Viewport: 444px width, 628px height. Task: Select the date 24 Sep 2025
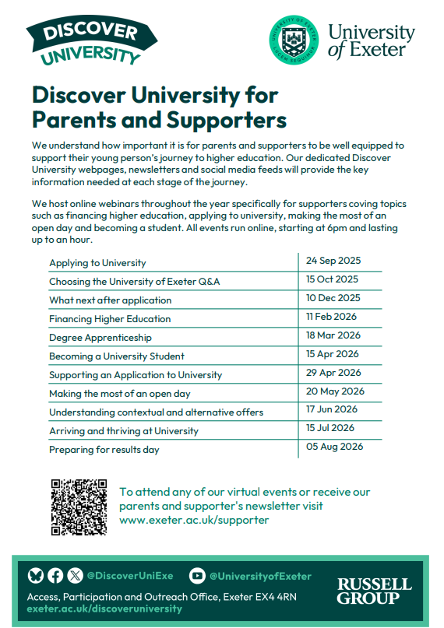(333, 261)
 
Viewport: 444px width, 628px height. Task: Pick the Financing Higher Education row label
(110, 319)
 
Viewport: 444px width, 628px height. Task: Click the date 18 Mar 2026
(333, 335)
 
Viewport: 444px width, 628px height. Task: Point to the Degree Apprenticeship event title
(100, 338)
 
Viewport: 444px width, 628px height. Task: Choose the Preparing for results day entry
(104, 450)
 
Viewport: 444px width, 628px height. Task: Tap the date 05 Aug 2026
(334, 447)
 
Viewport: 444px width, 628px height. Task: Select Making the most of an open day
(119, 394)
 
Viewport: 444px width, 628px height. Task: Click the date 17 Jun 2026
(332, 409)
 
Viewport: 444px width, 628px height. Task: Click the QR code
(79, 507)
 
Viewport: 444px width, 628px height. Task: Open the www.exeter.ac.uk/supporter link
(194, 520)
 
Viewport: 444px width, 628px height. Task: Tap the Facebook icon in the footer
(55, 576)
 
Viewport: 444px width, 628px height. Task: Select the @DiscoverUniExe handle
(130, 576)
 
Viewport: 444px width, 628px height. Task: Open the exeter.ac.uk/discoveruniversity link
(104, 609)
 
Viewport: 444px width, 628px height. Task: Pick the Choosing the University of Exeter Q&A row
(134, 282)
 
